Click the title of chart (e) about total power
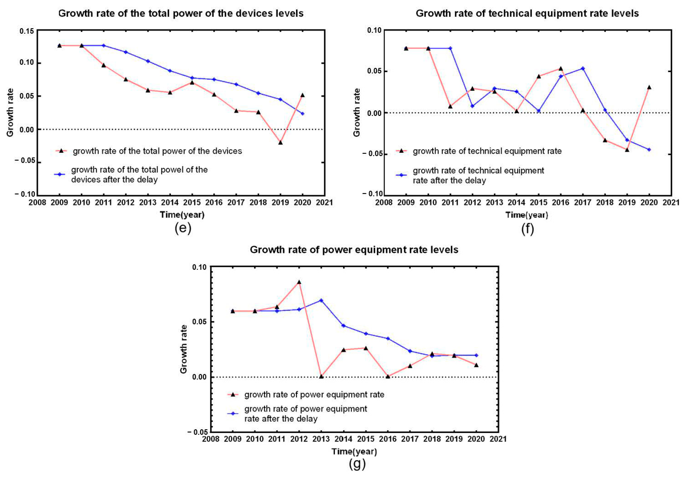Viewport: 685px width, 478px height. pyautogui.click(x=181, y=13)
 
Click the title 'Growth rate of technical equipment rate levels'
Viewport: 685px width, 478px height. pyautogui.click(x=527, y=13)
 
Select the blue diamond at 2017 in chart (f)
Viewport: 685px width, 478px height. pyautogui.click(x=583, y=68)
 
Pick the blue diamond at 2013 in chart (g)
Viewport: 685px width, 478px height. pyautogui.click(x=321, y=300)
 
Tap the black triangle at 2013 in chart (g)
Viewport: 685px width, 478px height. pyautogui.click(x=321, y=376)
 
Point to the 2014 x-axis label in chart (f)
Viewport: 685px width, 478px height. pyautogui.click(x=517, y=203)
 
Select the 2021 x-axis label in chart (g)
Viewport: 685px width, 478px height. pyautogui.click(x=498, y=439)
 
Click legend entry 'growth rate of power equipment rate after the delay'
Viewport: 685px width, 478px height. pyautogui.click(x=306, y=414)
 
